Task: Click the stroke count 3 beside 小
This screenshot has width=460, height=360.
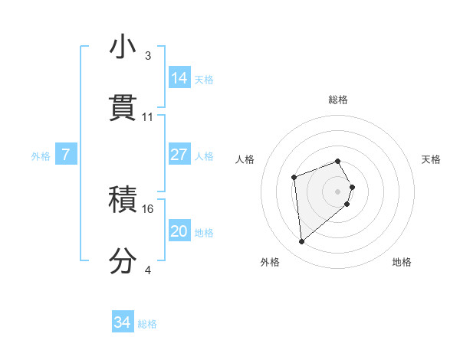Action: coord(147,56)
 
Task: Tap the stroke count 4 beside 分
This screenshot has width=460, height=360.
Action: coord(147,270)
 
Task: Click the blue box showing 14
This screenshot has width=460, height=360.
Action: coord(179,78)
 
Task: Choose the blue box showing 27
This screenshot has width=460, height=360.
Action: coord(179,155)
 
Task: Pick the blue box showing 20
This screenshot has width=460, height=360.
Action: coord(179,231)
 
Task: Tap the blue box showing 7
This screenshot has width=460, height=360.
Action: coord(66,155)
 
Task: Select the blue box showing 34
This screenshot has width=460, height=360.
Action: coord(123,323)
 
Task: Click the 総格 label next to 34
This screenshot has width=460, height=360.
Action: coord(147,324)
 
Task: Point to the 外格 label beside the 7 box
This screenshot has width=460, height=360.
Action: coord(41,155)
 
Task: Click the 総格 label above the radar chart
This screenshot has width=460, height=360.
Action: coord(338,100)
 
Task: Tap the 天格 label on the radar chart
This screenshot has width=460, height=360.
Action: coord(432,159)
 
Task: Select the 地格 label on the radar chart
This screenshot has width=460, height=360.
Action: coord(402,262)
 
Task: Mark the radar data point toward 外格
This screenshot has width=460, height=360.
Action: coord(302,242)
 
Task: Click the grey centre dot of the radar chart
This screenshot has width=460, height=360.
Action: coord(338,191)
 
